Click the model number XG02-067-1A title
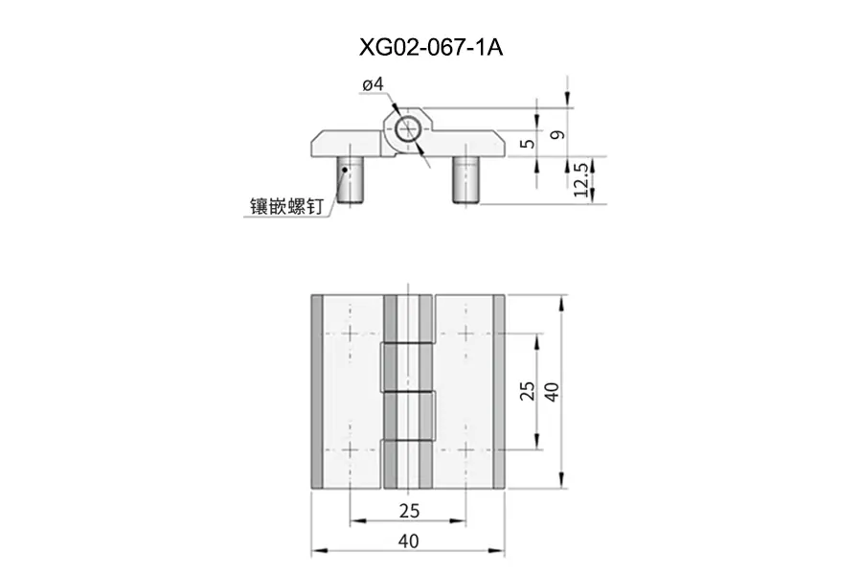point(431,48)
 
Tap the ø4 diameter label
point(374,84)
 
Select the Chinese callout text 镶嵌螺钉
point(286,206)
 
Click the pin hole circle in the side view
point(408,130)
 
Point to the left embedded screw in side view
point(350,180)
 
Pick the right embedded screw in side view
point(466,180)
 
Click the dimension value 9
point(557,135)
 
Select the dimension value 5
point(527,144)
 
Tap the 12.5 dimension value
point(580,179)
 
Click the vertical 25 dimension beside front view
point(527,391)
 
